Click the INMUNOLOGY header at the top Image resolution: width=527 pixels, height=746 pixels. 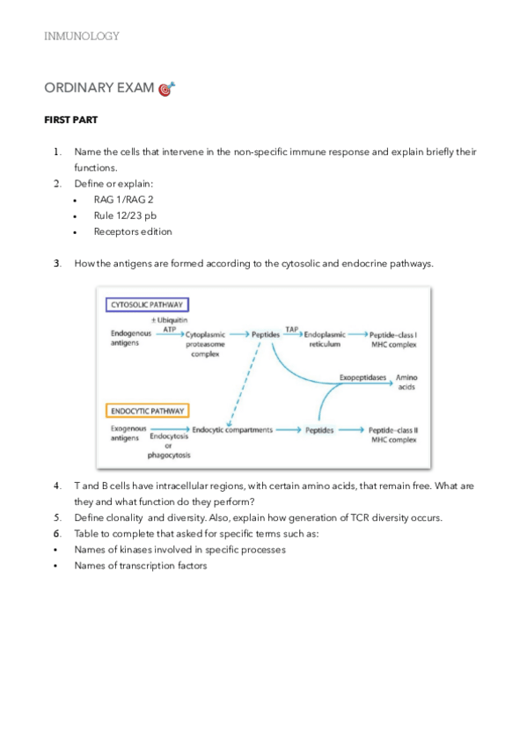pos(81,36)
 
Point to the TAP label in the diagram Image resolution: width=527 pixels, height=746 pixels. pos(291,327)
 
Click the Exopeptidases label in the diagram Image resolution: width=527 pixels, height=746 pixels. pos(362,377)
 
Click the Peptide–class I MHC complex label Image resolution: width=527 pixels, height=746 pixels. pos(392,340)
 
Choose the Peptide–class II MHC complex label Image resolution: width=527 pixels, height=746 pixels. pos(392,435)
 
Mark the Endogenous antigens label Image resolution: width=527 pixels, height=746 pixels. pos(131,339)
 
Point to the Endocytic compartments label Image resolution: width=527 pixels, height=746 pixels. pos(231,430)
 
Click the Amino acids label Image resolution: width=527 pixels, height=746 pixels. pos(406,382)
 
